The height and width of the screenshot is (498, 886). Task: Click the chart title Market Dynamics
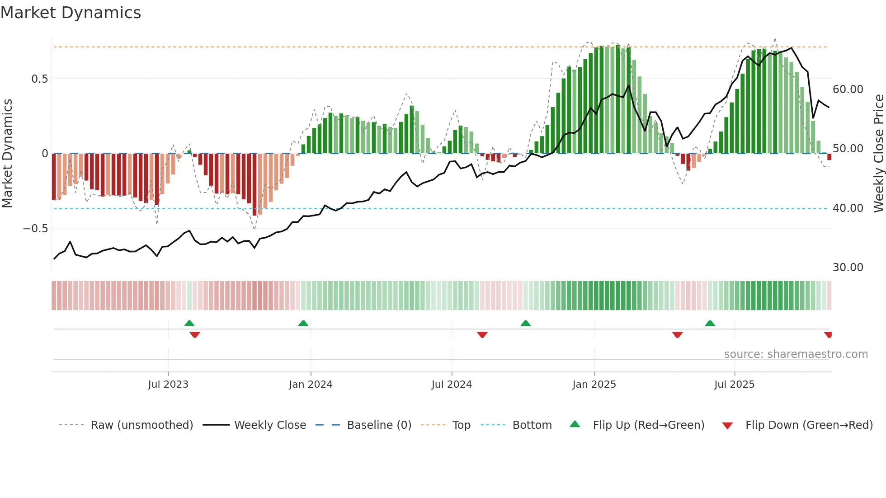coord(71,13)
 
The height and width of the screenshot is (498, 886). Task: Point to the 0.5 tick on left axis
coord(39,79)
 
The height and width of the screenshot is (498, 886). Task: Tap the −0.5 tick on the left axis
coord(36,229)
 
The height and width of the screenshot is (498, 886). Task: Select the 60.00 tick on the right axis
coord(848,89)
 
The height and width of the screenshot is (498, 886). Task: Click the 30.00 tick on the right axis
coord(848,268)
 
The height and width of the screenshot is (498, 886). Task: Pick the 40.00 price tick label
coord(848,208)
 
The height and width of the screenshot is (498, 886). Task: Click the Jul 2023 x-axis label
coord(168,385)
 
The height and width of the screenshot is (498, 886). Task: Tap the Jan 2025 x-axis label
coord(594,385)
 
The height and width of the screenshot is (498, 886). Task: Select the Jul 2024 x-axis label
coord(451,385)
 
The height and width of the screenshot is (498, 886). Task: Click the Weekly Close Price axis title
coord(878,153)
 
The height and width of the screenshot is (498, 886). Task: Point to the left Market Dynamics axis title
coord(7,153)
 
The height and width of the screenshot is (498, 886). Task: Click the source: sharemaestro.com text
coord(796,354)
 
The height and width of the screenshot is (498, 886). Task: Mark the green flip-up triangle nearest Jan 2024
coord(303,324)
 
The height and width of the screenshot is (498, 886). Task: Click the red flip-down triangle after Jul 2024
coord(482,335)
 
